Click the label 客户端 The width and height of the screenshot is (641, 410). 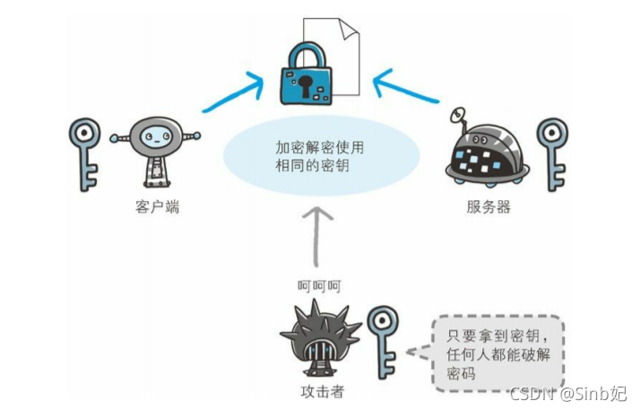[x=153, y=207]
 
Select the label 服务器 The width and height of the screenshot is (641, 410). [x=489, y=207]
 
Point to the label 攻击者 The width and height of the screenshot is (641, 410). [x=321, y=391]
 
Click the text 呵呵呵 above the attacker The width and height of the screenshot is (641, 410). [x=319, y=286]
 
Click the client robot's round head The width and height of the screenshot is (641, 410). [x=155, y=139]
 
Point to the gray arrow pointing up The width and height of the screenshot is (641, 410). [x=319, y=238]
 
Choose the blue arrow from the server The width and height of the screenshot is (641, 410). [x=409, y=90]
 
